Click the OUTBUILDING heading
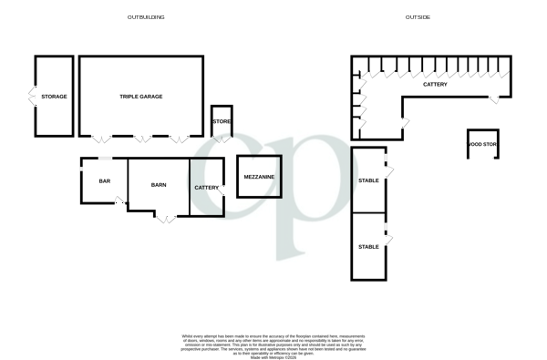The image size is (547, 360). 145,17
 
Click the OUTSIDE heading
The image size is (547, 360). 418,17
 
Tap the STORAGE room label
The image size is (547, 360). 54,96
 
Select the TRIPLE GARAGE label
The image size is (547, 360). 140,96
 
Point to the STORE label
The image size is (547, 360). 222,120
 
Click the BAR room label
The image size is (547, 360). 104,180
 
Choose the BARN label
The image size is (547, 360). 159,185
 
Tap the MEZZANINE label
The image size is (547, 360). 259,177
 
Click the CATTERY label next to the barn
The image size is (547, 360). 207,188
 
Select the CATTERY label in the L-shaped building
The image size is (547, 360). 435,84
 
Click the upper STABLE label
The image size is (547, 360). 368,180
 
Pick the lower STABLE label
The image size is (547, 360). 368,246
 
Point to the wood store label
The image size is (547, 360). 482,144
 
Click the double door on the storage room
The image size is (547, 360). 34,96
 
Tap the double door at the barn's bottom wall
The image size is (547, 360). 164,218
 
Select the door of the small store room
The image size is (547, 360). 222,139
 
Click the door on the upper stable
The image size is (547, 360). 388,170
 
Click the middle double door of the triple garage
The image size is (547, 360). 141,139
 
